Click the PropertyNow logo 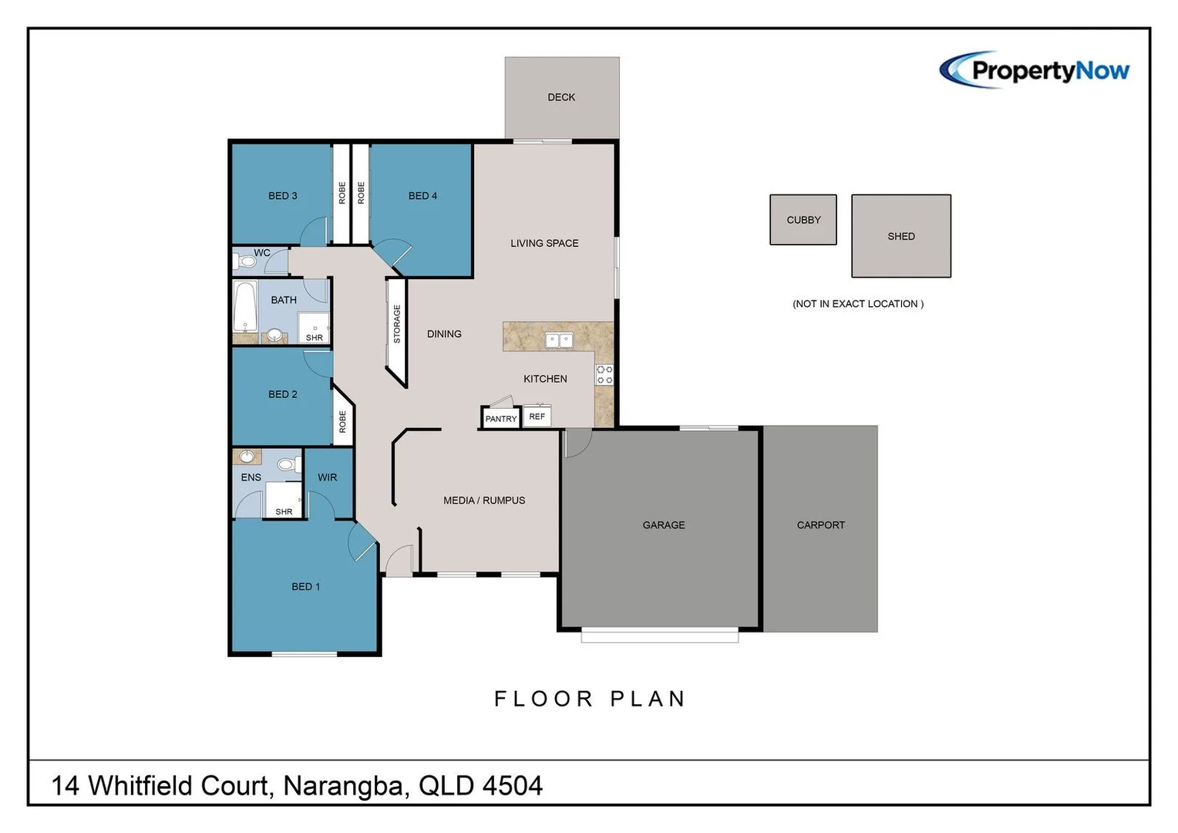click(x=1035, y=70)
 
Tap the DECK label click(x=561, y=97)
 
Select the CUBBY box click(x=803, y=220)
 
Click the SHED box click(x=900, y=236)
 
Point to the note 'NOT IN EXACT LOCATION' click(x=857, y=304)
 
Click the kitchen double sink click(x=559, y=339)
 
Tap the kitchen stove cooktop click(x=604, y=375)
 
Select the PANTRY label click(x=500, y=419)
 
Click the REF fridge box click(x=537, y=416)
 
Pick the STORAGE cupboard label click(x=397, y=324)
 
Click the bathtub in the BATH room click(x=245, y=306)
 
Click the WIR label click(x=327, y=477)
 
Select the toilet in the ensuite click(x=286, y=464)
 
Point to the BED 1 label click(x=305, y=587)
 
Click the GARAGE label click(x=663, y=525)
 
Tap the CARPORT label click(x=820, y=525)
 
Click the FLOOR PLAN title click(x=590, y=699)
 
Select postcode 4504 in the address click(x=513, y=786)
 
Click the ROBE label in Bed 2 click(x=343, y=421)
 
